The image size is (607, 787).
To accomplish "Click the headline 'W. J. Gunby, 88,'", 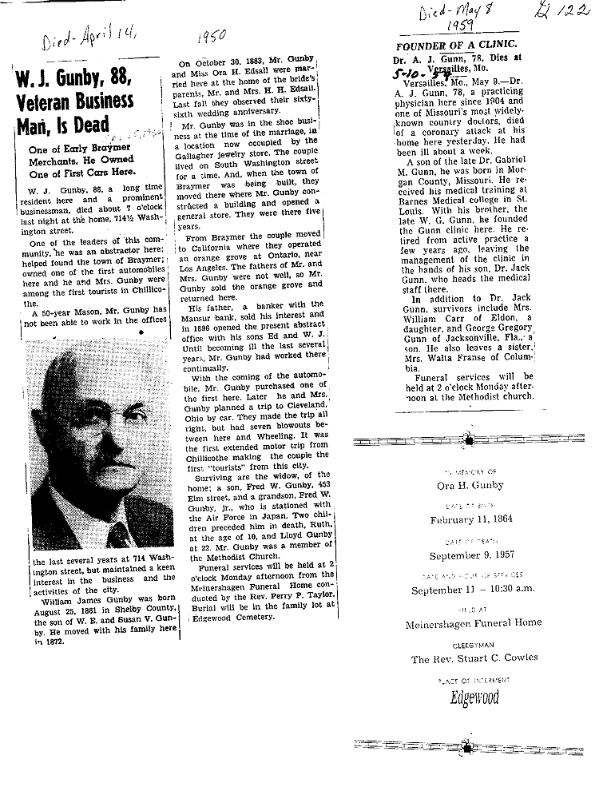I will pos(73,80).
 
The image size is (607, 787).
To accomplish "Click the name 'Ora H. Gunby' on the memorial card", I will pos(469,485).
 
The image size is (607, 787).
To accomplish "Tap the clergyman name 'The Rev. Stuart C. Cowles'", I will pos(474,658).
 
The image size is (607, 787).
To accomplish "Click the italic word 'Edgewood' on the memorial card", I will pos(474,698).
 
